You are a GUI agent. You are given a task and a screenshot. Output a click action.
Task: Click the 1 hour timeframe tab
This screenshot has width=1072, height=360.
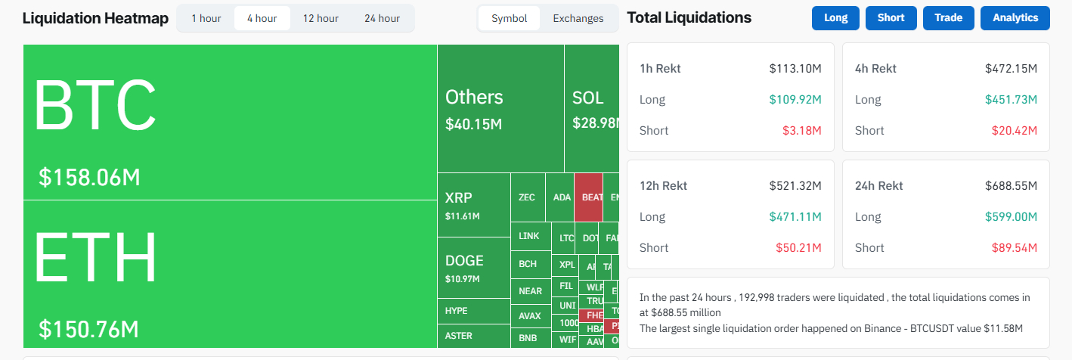pyautogui.click(x=206, y=18)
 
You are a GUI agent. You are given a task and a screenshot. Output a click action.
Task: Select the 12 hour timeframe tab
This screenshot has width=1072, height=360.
pyautogui.click(x=321, y=18)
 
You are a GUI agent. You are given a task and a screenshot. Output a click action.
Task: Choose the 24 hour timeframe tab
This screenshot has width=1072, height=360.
pyautogui.click(x=382, y=18)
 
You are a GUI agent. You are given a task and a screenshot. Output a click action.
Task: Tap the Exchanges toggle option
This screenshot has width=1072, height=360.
pyautogui.click(x=578, y=18)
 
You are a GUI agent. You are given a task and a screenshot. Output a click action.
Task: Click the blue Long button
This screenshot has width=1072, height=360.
pyautogui.click(x=835, y=18)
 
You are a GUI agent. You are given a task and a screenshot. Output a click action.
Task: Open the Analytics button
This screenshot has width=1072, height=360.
pyautogui.click(x=1015, y=18)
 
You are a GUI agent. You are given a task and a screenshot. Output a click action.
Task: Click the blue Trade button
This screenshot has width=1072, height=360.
pyautogui.click(x=948, y=18)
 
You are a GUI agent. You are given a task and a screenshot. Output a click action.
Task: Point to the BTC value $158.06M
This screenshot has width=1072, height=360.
pyautogui.click(x=89, y=178)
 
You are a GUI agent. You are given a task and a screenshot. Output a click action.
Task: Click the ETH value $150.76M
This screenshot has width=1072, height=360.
pyautogui.click(x=88, y=330)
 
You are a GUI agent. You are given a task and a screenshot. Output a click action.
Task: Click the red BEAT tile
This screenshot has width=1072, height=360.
pyautogui.click(x=589, y=197)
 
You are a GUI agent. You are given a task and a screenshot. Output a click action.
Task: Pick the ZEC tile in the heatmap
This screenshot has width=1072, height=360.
pyautogui.click(x=527, y=197)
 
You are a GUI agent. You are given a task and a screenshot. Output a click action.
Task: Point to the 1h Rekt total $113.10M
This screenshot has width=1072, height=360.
pyautogui.click(x=795, y=69)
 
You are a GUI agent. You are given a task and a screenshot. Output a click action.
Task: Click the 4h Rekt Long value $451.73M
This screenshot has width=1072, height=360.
pyautogui.click(x=1011, y=100)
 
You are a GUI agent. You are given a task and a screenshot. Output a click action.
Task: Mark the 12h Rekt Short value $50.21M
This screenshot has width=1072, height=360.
pyautogui.click(x=798, y=248)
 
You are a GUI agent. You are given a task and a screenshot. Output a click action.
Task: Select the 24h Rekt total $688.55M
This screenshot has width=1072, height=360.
pyautogui.click(x=1011, y=186)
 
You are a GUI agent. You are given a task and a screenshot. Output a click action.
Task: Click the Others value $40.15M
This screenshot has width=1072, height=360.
pyautogui.click(x=473, y=123)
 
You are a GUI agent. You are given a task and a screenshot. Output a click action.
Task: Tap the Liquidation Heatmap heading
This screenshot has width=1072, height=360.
pyautogui.click(x=95, y=18)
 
